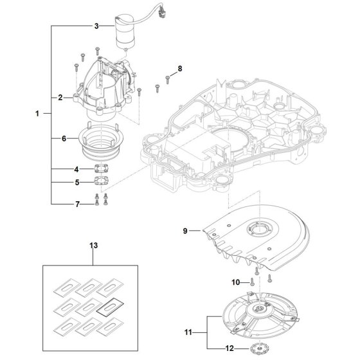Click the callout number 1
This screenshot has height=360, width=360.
pos(37,113)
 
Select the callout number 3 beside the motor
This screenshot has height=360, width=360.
pos(96,26)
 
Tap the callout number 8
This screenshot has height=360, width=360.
pos(180,68)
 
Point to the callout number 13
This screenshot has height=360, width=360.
pos(93,246)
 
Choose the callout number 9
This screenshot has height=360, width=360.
pos(185,231)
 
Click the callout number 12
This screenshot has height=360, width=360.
pos(230,348)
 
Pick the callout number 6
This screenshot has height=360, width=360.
pos(64,138)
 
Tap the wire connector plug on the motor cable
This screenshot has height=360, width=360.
pos(162,14)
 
